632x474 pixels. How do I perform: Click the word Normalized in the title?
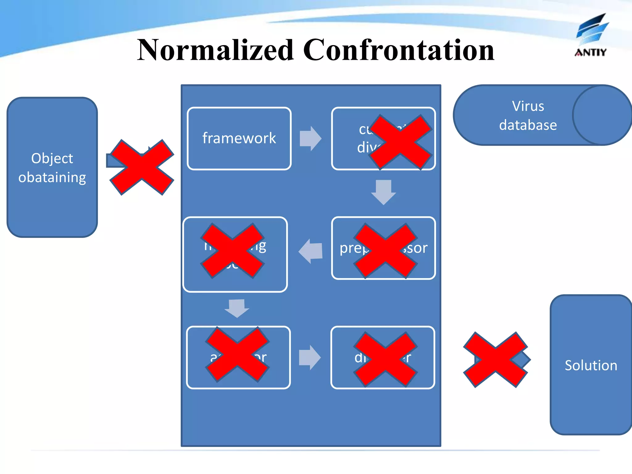point(215,50)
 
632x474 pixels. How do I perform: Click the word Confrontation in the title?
point(399,50)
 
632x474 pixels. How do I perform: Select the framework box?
point(239,138)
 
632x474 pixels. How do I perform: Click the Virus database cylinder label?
point(528,115)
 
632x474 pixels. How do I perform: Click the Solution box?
point(591,365)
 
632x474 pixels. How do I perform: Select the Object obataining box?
point(52,168)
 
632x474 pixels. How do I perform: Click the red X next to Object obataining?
point(142,167)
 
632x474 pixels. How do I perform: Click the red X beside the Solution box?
point(495,360)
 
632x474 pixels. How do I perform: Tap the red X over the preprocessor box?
point(385,251)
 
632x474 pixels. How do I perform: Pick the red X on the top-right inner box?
point(400,142)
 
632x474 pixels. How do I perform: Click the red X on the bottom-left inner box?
point(237,354)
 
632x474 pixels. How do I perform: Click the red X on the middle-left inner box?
point(232,251)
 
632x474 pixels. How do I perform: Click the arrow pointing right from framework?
point(310,139)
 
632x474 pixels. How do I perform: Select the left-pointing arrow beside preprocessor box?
point(311,251)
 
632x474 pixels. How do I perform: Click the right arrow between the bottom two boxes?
point(310,357)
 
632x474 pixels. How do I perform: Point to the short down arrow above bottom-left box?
point(237,308)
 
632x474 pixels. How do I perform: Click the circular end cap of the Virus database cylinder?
point(602,115)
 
